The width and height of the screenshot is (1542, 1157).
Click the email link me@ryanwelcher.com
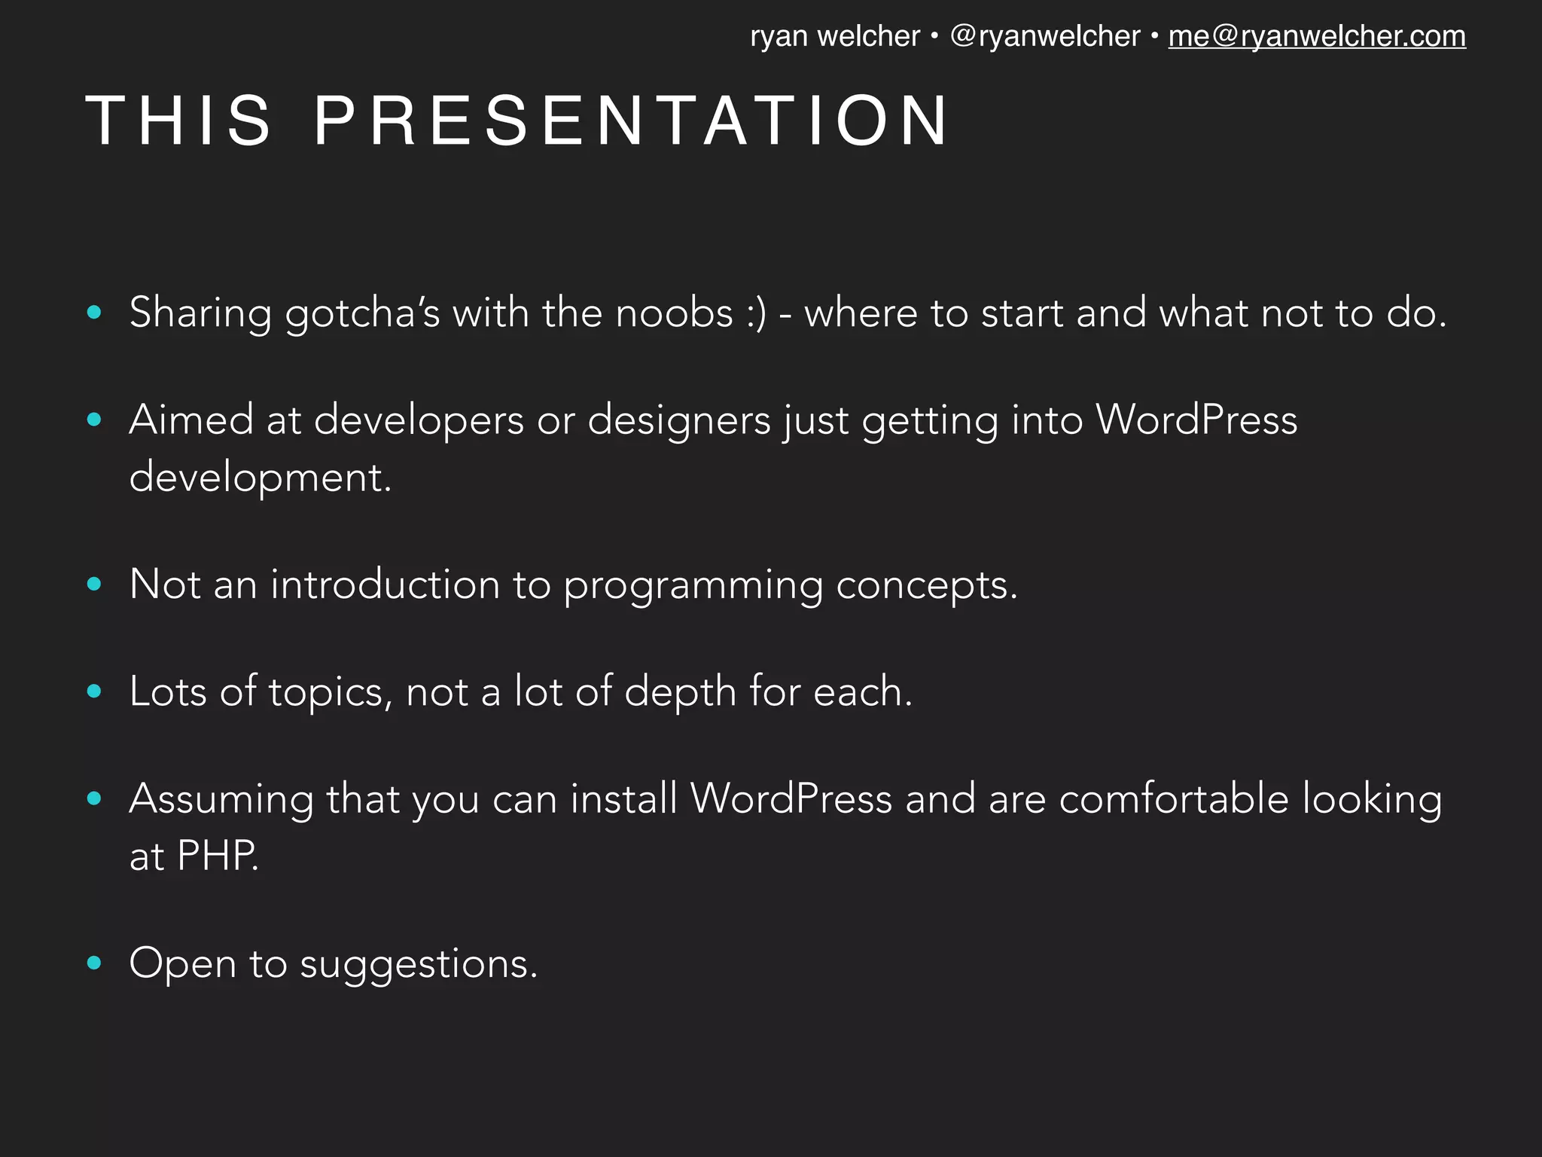coord(1316,36)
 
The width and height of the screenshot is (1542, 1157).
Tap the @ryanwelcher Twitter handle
coord(1045,36)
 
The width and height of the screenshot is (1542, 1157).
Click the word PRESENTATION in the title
coord(631,121)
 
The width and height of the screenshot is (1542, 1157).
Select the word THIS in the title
coord(178,121)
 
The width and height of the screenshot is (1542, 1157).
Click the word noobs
coord(674,313)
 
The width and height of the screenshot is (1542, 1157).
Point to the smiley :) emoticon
coord(756,313)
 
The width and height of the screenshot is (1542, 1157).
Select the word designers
coord(678,420)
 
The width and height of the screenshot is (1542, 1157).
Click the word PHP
coord(218,856)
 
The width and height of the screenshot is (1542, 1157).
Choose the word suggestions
coord(419,965)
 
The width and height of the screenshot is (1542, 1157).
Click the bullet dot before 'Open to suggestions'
coord(94,962)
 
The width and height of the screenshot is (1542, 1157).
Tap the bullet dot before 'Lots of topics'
coord(94,691)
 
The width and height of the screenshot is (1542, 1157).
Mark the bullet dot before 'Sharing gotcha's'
coord(94,312)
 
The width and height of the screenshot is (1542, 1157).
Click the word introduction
coord(385,585)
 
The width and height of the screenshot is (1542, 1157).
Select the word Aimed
coord(191,420)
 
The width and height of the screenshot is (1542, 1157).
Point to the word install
coord(623,798)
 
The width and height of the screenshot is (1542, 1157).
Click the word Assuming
coord(221,800)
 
